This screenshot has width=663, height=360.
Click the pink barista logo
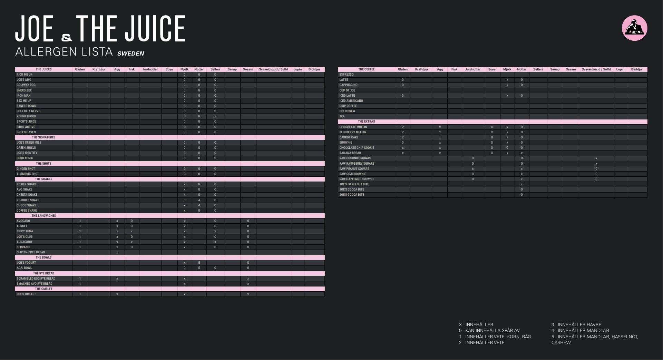(634, 28)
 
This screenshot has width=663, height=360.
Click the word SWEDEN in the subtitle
(130, 53)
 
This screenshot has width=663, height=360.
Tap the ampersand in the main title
(66, 37)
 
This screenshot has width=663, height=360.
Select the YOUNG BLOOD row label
(26, 116)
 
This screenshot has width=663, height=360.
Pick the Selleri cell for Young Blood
(215, 116)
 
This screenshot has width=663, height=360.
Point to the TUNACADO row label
(24, 242)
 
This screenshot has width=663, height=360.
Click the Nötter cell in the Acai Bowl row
(199, 268)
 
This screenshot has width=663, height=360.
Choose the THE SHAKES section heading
(43, 179)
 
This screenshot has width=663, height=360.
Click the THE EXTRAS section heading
(366, 121)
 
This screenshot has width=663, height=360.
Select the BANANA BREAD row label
(350, 153)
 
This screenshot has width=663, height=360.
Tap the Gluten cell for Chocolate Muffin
(403, 127)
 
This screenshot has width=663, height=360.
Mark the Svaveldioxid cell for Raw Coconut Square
(596, 158)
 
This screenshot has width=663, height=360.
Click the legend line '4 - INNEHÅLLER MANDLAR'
(580, 331)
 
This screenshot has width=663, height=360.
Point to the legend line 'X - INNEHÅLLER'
(476, 325)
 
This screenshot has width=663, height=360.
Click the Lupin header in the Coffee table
(620, 69)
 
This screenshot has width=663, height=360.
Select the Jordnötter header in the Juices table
(150, 69)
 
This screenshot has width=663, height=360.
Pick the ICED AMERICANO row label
(351, 101)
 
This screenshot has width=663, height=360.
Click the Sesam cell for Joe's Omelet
(248, 294)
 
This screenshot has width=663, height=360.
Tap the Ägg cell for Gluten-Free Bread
(117, 252)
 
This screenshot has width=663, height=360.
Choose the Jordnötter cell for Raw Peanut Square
(472, 169)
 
